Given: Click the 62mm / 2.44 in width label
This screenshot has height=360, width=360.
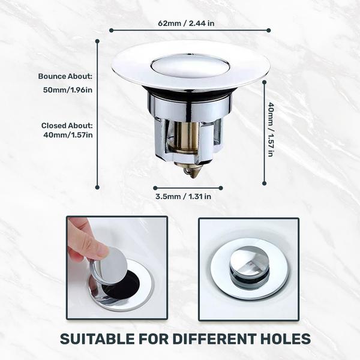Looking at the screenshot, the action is [186, 23].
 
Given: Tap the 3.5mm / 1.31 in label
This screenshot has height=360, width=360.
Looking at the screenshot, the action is [183, 197].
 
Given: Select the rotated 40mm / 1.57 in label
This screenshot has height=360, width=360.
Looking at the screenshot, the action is [271, 130].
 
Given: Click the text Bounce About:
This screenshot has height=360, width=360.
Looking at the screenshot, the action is [65, 76].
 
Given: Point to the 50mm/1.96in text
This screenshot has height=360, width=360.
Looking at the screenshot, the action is [68, 90].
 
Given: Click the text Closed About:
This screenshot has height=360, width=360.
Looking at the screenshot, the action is [67, 125].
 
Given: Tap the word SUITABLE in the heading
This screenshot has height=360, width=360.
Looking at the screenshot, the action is [97, 339].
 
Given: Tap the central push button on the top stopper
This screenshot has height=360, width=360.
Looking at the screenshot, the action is [190, 65].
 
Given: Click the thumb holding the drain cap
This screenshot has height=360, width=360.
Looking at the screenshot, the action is [92, 247].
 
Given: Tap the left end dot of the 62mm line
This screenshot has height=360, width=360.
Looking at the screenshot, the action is [112, 31].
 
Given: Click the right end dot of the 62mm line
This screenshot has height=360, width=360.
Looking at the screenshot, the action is [269, 31].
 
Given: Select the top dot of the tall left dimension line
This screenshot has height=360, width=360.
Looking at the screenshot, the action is [97, 41].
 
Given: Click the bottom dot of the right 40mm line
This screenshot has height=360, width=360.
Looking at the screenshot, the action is [264, 183].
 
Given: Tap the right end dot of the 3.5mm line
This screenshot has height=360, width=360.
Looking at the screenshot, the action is [221, 188].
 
